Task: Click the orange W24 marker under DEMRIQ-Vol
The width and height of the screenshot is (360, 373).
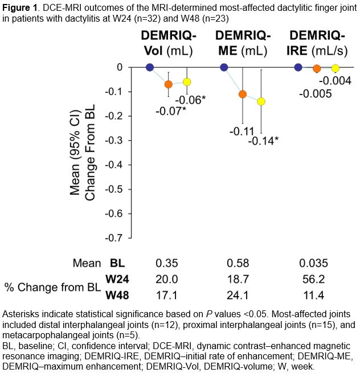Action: click(x=168, y=84)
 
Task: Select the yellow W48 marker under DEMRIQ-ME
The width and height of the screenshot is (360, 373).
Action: click(x=261, y=101)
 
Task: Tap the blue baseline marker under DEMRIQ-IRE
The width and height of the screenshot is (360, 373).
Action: click(x=298, y=67)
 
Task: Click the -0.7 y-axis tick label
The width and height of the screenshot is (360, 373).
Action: click(x=116, y=238)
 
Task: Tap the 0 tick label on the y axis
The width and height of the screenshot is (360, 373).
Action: click(x=120, y=67)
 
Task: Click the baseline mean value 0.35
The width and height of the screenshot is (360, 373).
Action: click(x=167, y=264)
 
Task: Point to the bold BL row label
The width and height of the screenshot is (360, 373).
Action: click(x=117, y=264)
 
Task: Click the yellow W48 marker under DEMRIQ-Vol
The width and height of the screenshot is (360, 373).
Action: click(x=187, y=82)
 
